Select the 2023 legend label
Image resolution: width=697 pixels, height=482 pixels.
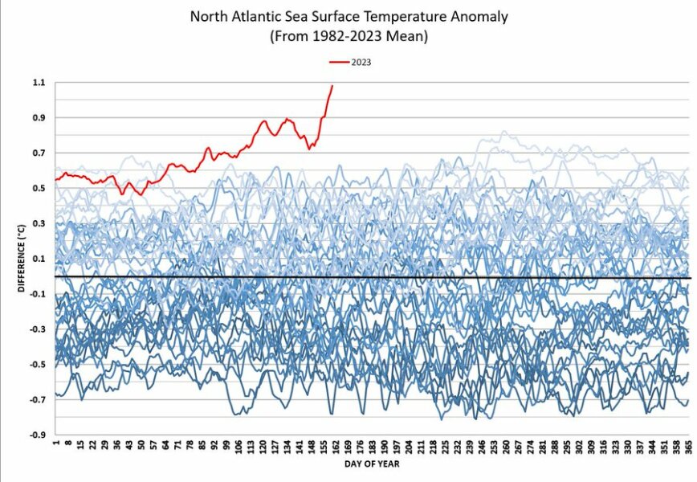point(361,61)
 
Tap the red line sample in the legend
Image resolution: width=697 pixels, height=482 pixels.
point(339,61)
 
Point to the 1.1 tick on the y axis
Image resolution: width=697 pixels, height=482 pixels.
point(38,83)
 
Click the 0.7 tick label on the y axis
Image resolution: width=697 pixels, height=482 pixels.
point(38,153)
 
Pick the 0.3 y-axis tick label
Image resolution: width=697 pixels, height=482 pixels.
point(38,224)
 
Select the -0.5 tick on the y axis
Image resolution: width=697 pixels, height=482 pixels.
point(36,365)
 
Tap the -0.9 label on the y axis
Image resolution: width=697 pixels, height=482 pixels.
point(36,435)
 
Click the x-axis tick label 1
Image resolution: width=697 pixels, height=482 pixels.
point(57,443)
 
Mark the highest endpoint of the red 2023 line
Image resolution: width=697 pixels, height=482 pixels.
point(332,86)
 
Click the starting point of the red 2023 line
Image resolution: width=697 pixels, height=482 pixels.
point(55,180)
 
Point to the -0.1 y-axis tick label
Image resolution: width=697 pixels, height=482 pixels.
point(36,295)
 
